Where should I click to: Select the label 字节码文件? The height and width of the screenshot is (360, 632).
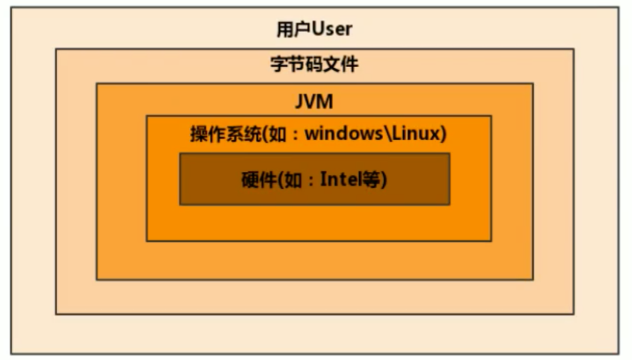(x=314, y=64)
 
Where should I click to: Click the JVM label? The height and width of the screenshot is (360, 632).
(x=314, y=102)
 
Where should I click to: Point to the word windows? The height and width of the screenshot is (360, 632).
(x=342, y=134)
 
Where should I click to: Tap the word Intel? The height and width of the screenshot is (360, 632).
(x=341, y=179)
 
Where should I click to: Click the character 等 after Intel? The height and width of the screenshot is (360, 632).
(x=370, y=179)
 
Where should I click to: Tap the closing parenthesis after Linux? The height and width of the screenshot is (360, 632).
(x=443, y=135)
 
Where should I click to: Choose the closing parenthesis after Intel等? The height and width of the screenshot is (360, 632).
(x=383, y=179)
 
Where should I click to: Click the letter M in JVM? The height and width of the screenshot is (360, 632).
(x=325, y=102)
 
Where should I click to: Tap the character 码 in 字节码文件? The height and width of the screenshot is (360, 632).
(x=314, y=64)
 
